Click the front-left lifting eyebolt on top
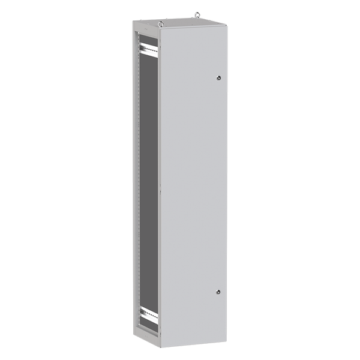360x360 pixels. (x=161, y=24)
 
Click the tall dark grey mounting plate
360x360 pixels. (x=149, y=180)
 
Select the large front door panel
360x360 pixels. (x=192, y=186)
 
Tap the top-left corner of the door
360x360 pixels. (x=160, y=29)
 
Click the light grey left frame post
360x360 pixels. (x=137, y=180)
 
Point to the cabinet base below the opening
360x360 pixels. (x=147, y=340)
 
